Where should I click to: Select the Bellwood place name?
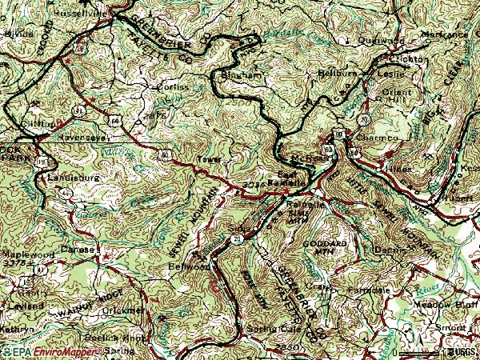(x=183, y=268)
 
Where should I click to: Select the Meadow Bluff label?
(x=441, y=304)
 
